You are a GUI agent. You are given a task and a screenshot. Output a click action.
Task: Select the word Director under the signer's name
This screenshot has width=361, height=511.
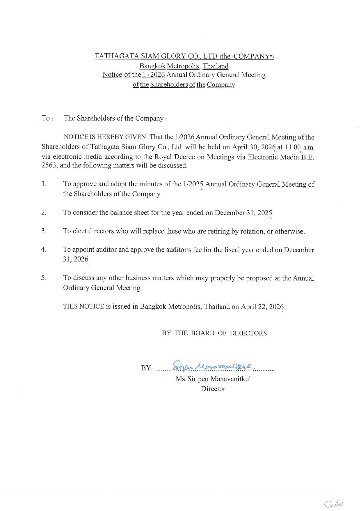(213, 389)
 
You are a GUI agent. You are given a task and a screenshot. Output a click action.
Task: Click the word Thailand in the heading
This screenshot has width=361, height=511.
(216, 66)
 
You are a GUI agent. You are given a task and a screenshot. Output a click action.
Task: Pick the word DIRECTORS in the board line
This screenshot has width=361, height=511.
(248, 333)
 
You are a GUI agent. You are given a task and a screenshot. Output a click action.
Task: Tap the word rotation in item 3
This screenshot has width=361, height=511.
(252, 231)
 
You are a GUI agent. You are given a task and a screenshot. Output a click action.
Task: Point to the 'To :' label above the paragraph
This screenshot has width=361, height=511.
(47, 118)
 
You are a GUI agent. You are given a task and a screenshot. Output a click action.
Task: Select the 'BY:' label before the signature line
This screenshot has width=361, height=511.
(147, 368)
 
